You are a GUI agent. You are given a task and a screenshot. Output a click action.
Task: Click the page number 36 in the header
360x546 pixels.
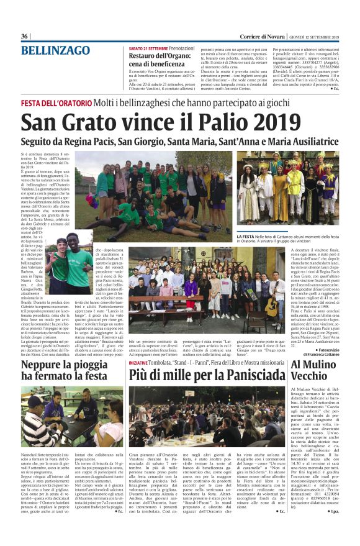[25, 37]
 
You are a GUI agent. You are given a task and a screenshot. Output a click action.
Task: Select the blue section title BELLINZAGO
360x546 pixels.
[55, 51]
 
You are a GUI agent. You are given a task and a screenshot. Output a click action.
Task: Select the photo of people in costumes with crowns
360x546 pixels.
[287, 190]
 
